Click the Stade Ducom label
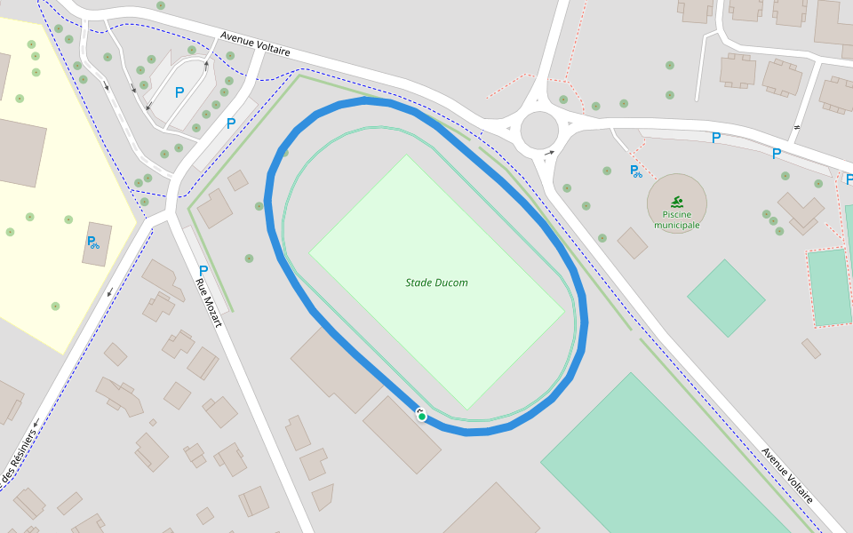pyautogui.click(x=436, y=282)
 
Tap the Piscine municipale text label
pyautogui.click(x=677, y=219)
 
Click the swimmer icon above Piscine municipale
pyautogui.click(x=677, y=202)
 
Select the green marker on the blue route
pyautogui.click(x=421, y=416)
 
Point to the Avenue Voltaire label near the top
pyautogui.click(x=255, y=45)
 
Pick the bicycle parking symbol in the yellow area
pyautogui.click(x=92, y=242)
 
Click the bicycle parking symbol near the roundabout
pyautogui.click(x=636, y=171)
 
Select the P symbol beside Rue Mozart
pyautogui.click(x=203, y=271)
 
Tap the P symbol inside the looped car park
pyautogui.click(x=179, y=91)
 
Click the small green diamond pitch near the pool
pyautogui.click(x=726, y=298)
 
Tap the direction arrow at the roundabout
pyautogui.click(x=550, y=153)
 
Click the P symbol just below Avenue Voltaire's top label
pyautogui.click(x=231, y=123)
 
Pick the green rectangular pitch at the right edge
pyautogui.click(x=830, y=287)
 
